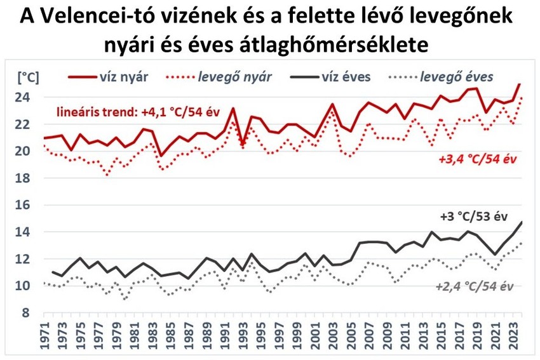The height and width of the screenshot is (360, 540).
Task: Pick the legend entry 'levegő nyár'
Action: (x=235, y=77)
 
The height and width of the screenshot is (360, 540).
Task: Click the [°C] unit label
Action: (x=27, y=77)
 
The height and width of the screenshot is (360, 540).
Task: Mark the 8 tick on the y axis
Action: (x=27, y=312)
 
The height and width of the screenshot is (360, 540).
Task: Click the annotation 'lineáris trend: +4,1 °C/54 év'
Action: (x=138, y=112)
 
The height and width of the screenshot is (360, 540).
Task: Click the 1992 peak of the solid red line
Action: (x=233, y=109)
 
